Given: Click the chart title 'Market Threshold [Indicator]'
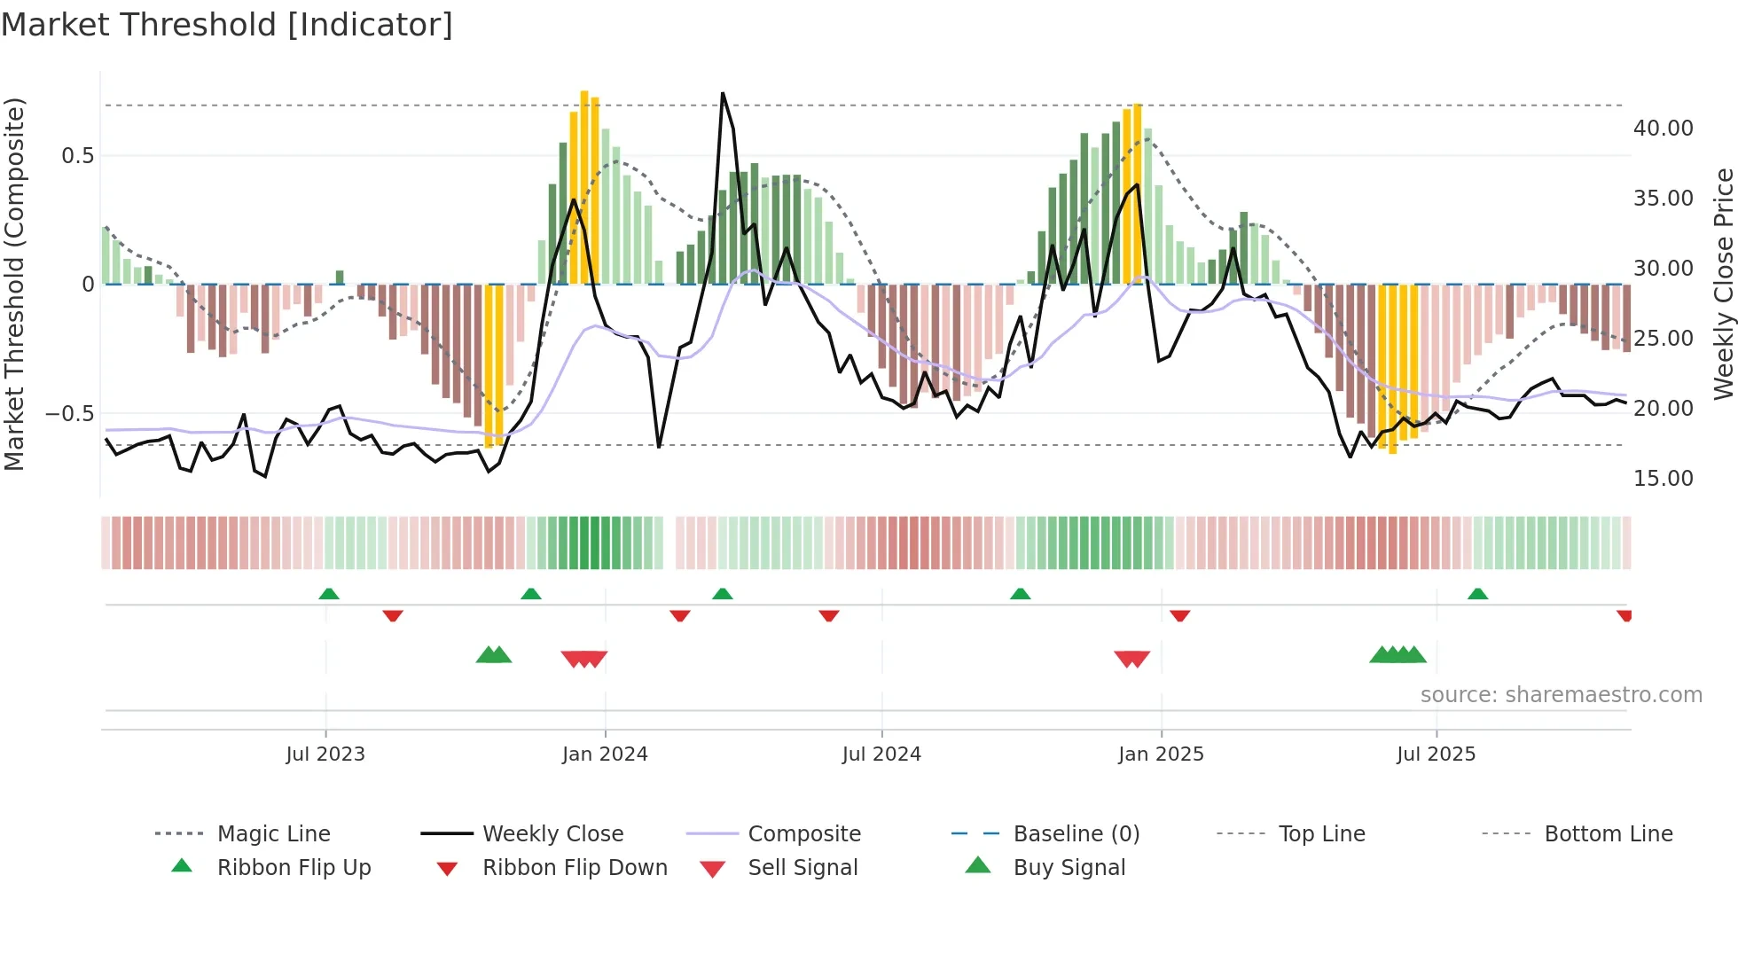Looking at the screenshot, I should point(227,25).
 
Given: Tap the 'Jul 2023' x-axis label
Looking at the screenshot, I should point(325,754).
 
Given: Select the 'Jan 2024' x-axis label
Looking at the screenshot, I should point(605,754).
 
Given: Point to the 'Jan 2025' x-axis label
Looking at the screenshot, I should point(1161,754).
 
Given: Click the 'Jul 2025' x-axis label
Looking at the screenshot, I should point(1436,754).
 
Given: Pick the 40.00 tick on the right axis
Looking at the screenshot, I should point(1663,129).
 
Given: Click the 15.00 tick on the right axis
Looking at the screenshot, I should point(1663,479).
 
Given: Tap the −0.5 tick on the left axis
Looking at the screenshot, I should point(69,414).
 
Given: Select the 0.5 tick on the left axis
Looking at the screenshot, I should point(77,156).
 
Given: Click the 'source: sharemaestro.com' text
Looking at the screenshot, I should point(1561,695).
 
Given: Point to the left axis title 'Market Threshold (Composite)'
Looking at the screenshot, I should point(14,284).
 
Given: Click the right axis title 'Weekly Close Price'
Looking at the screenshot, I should point(1723,284).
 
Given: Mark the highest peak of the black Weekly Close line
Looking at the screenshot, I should point(723,93).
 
